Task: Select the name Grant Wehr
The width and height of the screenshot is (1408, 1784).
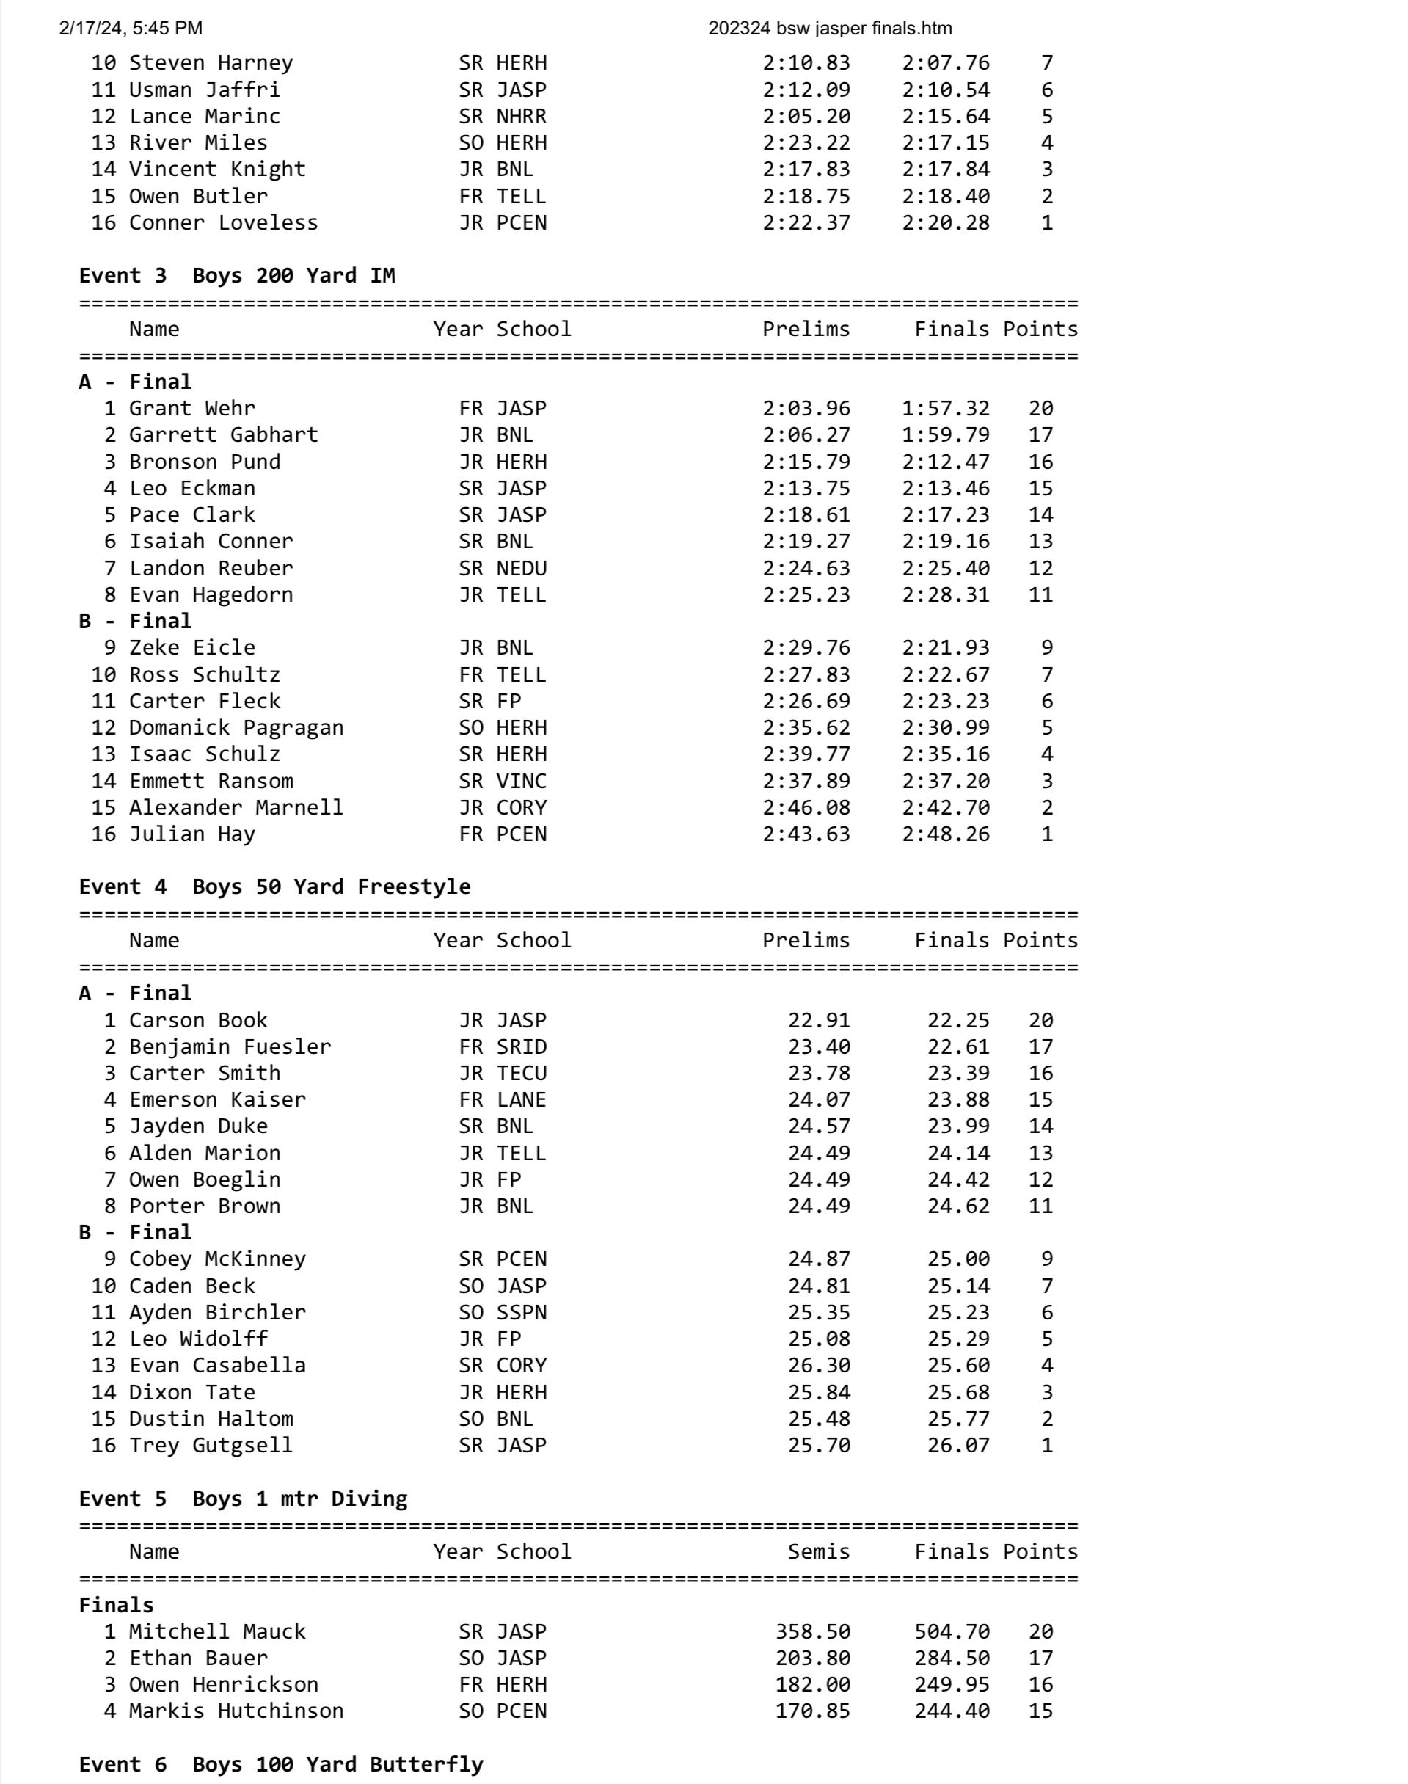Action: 191,408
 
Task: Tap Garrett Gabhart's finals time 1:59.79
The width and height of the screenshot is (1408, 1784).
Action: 946,434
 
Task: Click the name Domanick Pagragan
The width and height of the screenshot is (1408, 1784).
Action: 236,727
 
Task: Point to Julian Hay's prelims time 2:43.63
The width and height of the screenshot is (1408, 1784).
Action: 806,834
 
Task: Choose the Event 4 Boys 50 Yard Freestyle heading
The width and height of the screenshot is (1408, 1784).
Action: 274,886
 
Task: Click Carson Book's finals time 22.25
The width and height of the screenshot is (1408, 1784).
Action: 958,1020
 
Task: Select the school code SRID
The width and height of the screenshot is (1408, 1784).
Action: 521,1046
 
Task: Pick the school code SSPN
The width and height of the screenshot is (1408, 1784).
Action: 521,1311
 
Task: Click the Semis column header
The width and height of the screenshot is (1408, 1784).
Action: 818,1551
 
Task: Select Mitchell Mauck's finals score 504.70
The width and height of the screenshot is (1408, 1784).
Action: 952,1631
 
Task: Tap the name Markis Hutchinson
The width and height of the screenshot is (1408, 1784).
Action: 236,1711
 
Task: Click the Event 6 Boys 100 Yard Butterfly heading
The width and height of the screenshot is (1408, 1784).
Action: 281,1764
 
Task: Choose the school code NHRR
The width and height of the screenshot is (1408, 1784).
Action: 521,116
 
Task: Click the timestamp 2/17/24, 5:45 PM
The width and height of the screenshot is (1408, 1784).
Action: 131,29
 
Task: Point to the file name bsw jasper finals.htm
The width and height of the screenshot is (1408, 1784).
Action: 829,29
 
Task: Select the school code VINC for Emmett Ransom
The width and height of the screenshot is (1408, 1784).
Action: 521,781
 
